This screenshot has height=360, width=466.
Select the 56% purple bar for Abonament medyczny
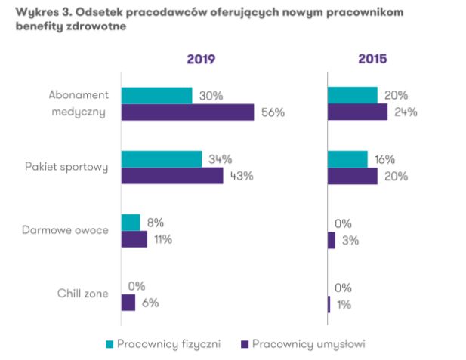coord(187,112)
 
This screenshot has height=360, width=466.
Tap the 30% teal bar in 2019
coord(156,96)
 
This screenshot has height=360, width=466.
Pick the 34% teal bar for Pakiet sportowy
coord(161,159)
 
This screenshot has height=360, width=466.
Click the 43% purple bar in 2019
coord(172,176)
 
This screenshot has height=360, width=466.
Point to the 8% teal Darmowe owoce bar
coord(131,223)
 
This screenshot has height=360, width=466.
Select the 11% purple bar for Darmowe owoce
coord(134,239)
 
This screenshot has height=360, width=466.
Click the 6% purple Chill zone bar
coord(128,303)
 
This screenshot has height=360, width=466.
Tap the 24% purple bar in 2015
coord(357,112)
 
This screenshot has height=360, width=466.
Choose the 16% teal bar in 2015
coord(347,159)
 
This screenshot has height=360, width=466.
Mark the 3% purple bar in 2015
coord(331,239)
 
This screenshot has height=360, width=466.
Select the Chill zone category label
coord(83,294)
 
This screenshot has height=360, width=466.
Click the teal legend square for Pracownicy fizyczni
coord(110,344)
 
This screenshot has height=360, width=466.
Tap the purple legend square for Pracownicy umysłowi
coord(243,344)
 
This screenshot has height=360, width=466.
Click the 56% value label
coord(272,112)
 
